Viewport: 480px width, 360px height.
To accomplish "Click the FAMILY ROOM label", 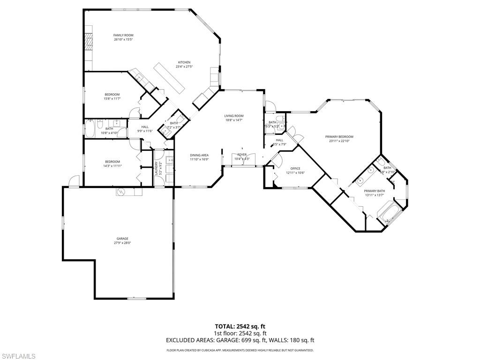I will click(x=123, y=35).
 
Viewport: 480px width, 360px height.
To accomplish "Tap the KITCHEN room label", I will click(x=184, y=62).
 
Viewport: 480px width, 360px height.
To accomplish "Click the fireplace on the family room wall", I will click(x=88, y=42).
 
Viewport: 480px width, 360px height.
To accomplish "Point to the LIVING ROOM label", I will click(x=233, y=116).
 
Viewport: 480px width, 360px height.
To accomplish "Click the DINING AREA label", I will click(x=199, y=155).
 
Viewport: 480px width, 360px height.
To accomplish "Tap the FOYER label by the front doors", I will click(x=242, y=154).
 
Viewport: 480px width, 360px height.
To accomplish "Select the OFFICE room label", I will click(x=295, y=168).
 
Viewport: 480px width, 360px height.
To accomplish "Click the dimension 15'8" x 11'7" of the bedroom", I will click(x=112, y=98).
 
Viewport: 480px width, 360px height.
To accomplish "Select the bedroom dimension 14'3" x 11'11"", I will click(x=112, y=166).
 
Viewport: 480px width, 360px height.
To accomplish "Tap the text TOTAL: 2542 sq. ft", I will click(x=240, y=326).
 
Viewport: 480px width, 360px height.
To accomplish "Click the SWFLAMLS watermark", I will click(x=18, y=356).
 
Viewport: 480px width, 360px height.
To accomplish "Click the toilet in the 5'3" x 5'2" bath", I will click(x=280, y=118).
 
